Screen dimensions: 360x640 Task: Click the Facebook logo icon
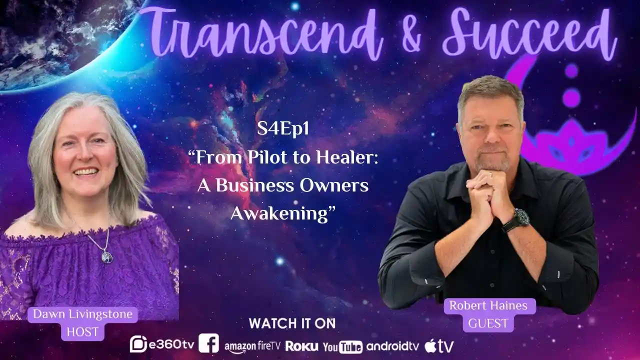pos(208,343)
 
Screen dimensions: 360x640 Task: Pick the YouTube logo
pos(342,346)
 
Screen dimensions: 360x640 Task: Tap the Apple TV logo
pos(439,345)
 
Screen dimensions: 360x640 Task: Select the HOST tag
pos(82,331)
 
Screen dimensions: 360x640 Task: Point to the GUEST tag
pos(488,323)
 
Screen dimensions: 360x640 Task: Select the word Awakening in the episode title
pos(282,213)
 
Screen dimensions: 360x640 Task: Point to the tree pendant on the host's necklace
pos(106,256)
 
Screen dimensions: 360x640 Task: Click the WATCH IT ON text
pos(292,323)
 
